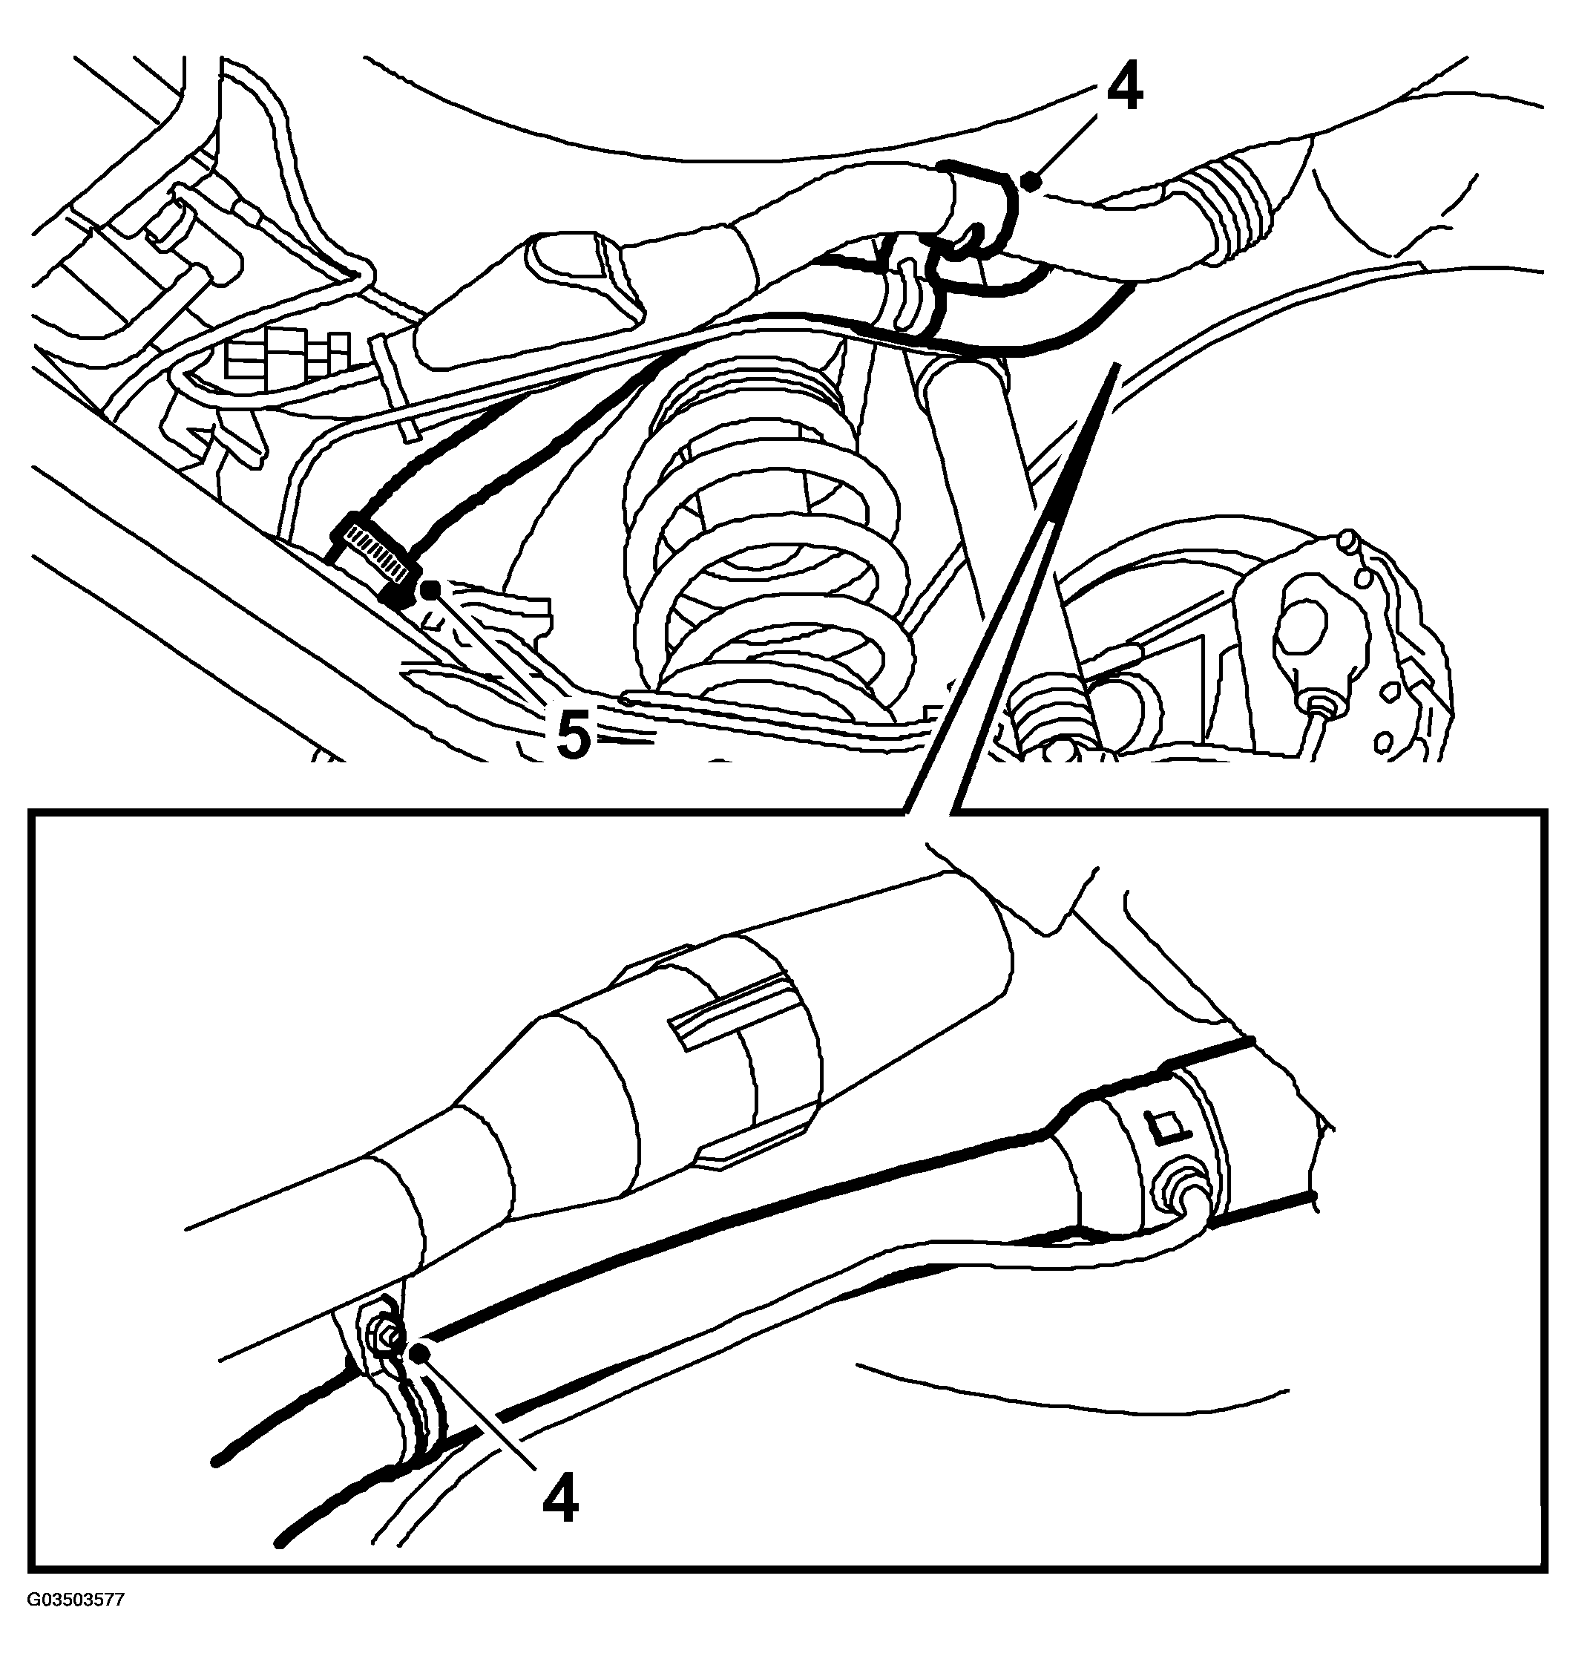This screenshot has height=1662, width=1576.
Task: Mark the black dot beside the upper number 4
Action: click(1031, 179)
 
